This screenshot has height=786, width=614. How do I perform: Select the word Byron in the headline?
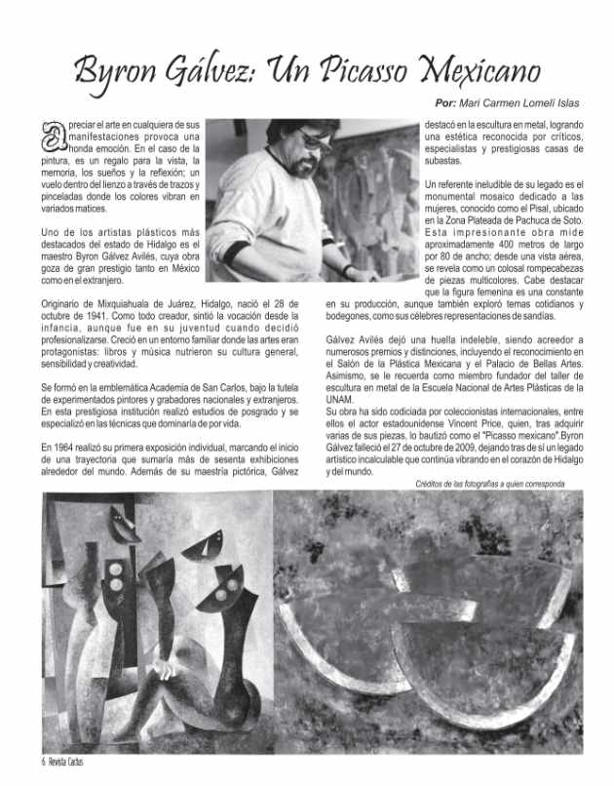click(123, 70)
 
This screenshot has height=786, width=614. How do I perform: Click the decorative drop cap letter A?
click(52, 134)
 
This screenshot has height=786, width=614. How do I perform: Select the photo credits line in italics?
click(489, 483)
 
